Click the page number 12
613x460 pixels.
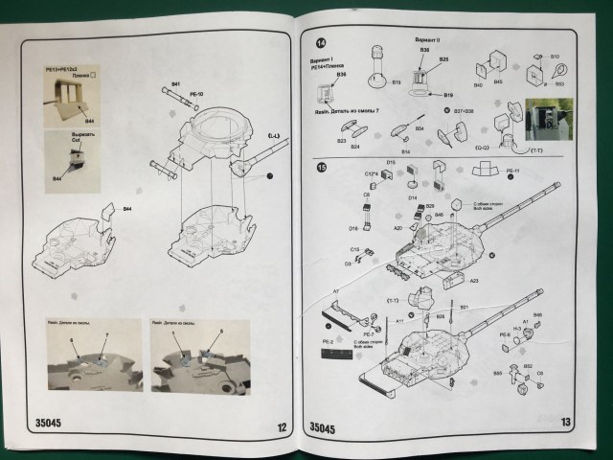(281, 429)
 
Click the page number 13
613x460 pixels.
(565, 424)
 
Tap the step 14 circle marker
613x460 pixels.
(321, 43)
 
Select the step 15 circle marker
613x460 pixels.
(322, 170)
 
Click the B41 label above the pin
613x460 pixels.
(175, 86)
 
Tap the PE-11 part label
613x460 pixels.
(511, 172)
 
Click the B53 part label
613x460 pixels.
(558, 84)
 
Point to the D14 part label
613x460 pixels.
(413, 197)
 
